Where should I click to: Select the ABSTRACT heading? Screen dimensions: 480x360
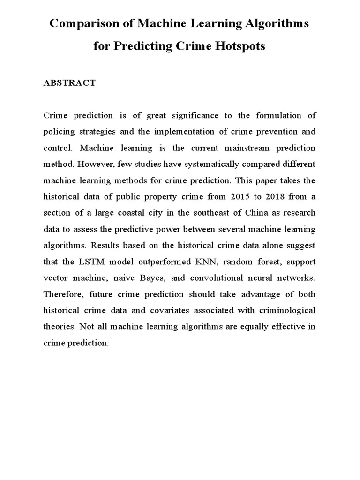tap(69, 83)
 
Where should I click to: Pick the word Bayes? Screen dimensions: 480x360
tap(151, 278)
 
